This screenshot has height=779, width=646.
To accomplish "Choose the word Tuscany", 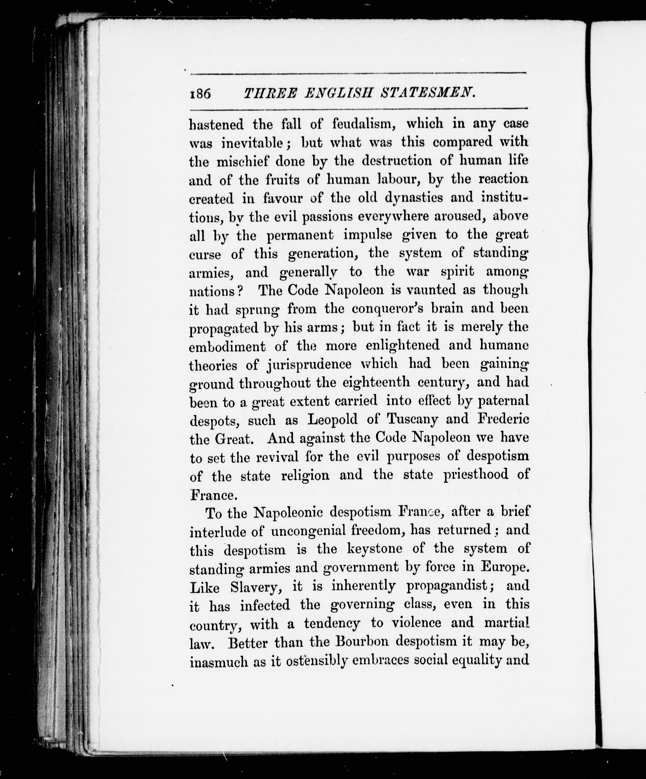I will [412, 420].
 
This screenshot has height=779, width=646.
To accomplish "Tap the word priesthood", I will [476, 475].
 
